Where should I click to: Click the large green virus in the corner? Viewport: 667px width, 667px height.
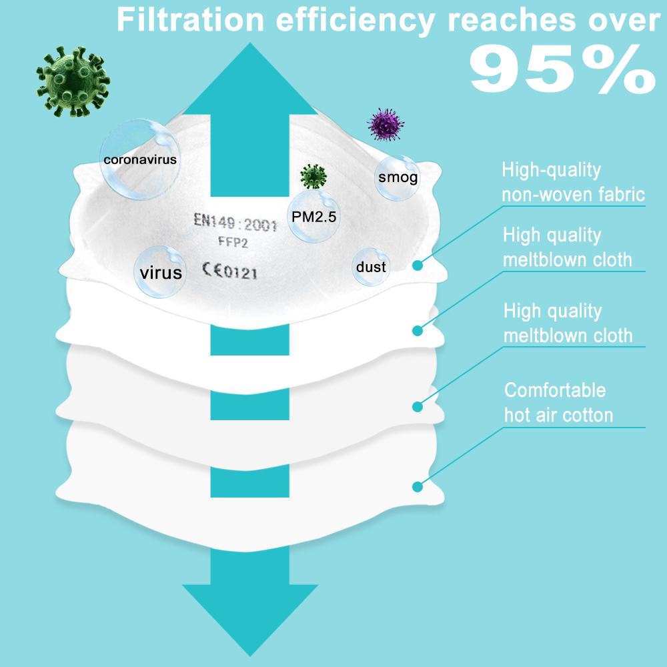(x=73, y=82)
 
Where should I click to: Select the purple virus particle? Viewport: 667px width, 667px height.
(x=387, y=124)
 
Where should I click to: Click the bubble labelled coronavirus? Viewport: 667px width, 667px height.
(x=139, y=159)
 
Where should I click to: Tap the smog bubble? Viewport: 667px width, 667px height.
(x=398, y=177)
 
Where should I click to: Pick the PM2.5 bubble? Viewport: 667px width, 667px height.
(x=313, y=216)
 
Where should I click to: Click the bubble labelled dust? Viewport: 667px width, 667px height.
(x=371, y=267)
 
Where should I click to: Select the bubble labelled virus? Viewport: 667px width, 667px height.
(x=161, y=272)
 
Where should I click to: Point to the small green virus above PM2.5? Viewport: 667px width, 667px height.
(x=313, y=177)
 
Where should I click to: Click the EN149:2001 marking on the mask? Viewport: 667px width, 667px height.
(x=235, y=222)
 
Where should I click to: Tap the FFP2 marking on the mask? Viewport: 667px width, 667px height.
(x=229, y=243)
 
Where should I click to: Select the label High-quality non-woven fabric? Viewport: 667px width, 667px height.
(x=573, y=182)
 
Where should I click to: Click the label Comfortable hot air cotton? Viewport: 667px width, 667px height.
(x=558, y=402)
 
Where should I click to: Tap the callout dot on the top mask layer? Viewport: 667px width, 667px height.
(x=418, y=265)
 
